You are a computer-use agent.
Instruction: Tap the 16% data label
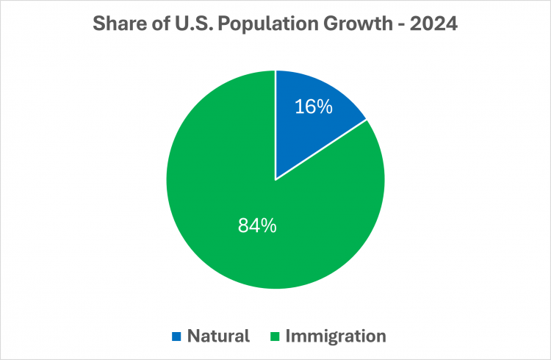(314, 107)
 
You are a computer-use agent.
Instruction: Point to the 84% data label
(257, 226)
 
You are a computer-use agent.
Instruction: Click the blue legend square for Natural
(176, 336)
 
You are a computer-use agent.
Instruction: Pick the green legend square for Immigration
(275, 336)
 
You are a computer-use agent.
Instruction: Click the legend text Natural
(219, 336)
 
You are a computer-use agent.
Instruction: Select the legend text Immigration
(336, 336)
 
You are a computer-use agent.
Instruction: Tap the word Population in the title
(268, 24)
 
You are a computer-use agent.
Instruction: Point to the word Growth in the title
(358, 24)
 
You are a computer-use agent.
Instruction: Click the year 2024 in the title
(433, 24)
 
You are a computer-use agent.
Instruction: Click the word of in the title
(162, 24)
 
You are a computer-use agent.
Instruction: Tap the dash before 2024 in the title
(401, 25)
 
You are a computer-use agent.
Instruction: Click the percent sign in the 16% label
(324, 107)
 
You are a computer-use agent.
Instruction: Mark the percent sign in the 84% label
(267, 226)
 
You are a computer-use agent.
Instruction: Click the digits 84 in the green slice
(248, 226)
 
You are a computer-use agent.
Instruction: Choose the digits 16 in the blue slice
(304, 107)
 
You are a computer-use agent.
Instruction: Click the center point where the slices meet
(275, 180)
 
